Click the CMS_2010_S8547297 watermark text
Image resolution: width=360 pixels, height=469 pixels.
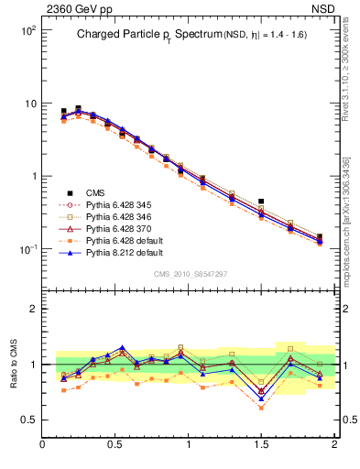pyautogui.click(x=189, y=273)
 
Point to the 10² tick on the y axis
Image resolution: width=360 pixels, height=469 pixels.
pyautogui.click(x=27, y=30)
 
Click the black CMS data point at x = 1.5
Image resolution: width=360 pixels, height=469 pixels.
pyautogui.click(x=262, y=202)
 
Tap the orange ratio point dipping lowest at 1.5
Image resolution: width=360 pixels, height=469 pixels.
pyautogui.click(x=262, y=408)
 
